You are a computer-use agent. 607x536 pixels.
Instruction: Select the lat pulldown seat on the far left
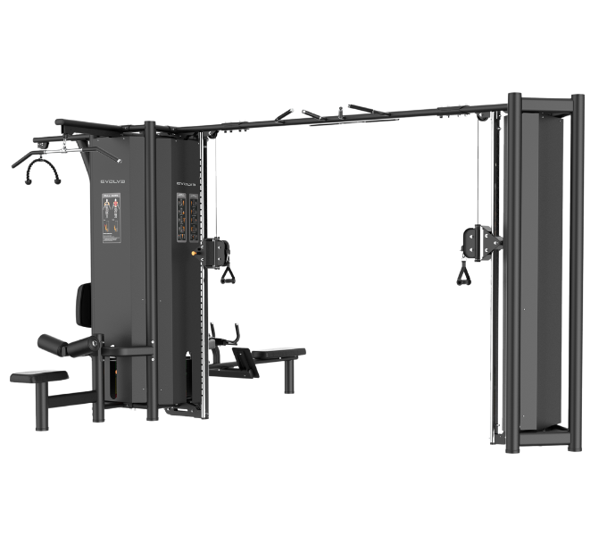(x=37, y=377)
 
